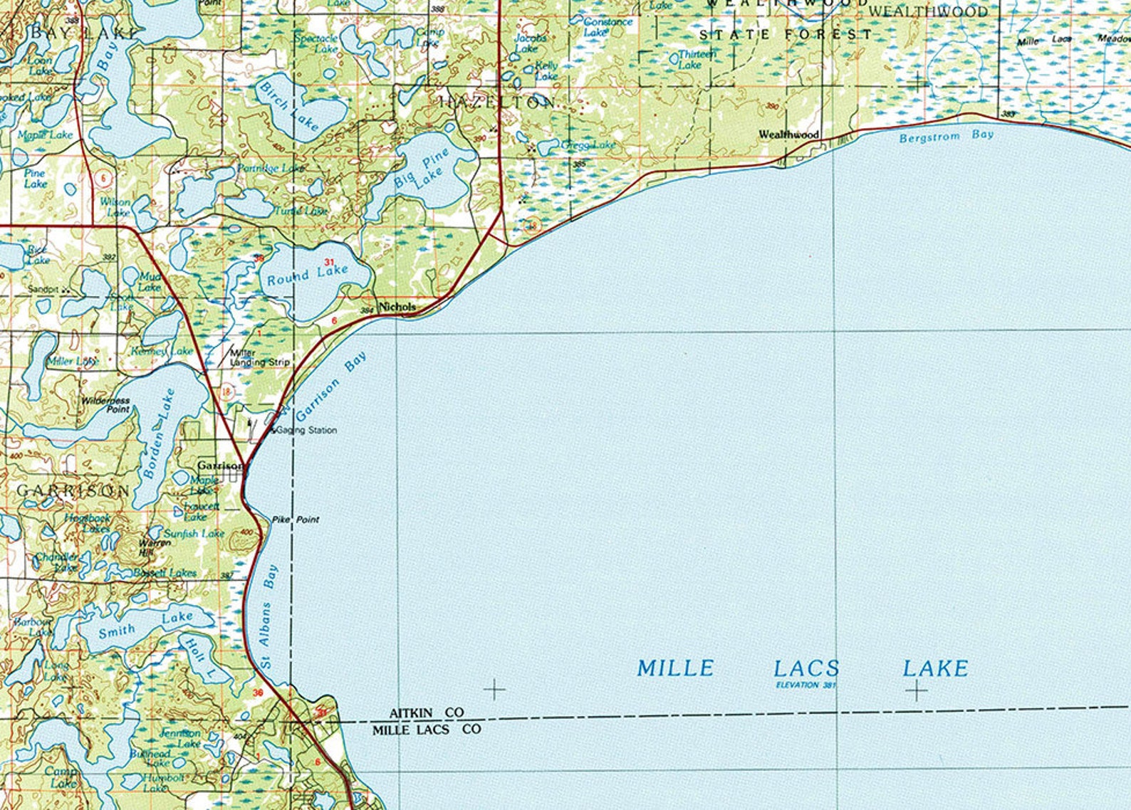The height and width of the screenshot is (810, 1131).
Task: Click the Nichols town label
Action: click(x=397, y=307)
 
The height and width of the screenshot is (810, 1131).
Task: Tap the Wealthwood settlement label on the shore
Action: click(x=788, y=134)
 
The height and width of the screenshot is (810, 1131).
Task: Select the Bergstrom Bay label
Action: click(x=946, y=135)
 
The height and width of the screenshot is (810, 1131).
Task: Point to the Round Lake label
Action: click(x=308, y=275)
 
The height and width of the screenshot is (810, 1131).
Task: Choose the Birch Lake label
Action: click(x=288, y=105)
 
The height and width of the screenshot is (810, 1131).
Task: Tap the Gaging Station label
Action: click(x=307, y=430)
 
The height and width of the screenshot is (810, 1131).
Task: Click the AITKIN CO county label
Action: click(x=426, y=712)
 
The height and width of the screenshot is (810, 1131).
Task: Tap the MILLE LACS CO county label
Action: click(x=427, y=730)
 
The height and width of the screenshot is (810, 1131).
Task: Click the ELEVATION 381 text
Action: click(x=806, y=685)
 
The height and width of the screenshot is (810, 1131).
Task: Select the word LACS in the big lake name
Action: click(x=806, y=668)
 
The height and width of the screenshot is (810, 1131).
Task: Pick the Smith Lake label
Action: click(x=146, y=624)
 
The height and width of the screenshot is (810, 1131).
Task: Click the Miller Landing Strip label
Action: click(x=259, y=358)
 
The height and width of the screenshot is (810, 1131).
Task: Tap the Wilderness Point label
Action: click(x=105, y=405)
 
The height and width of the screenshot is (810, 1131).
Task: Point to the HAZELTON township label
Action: click(x=496, y=102)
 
